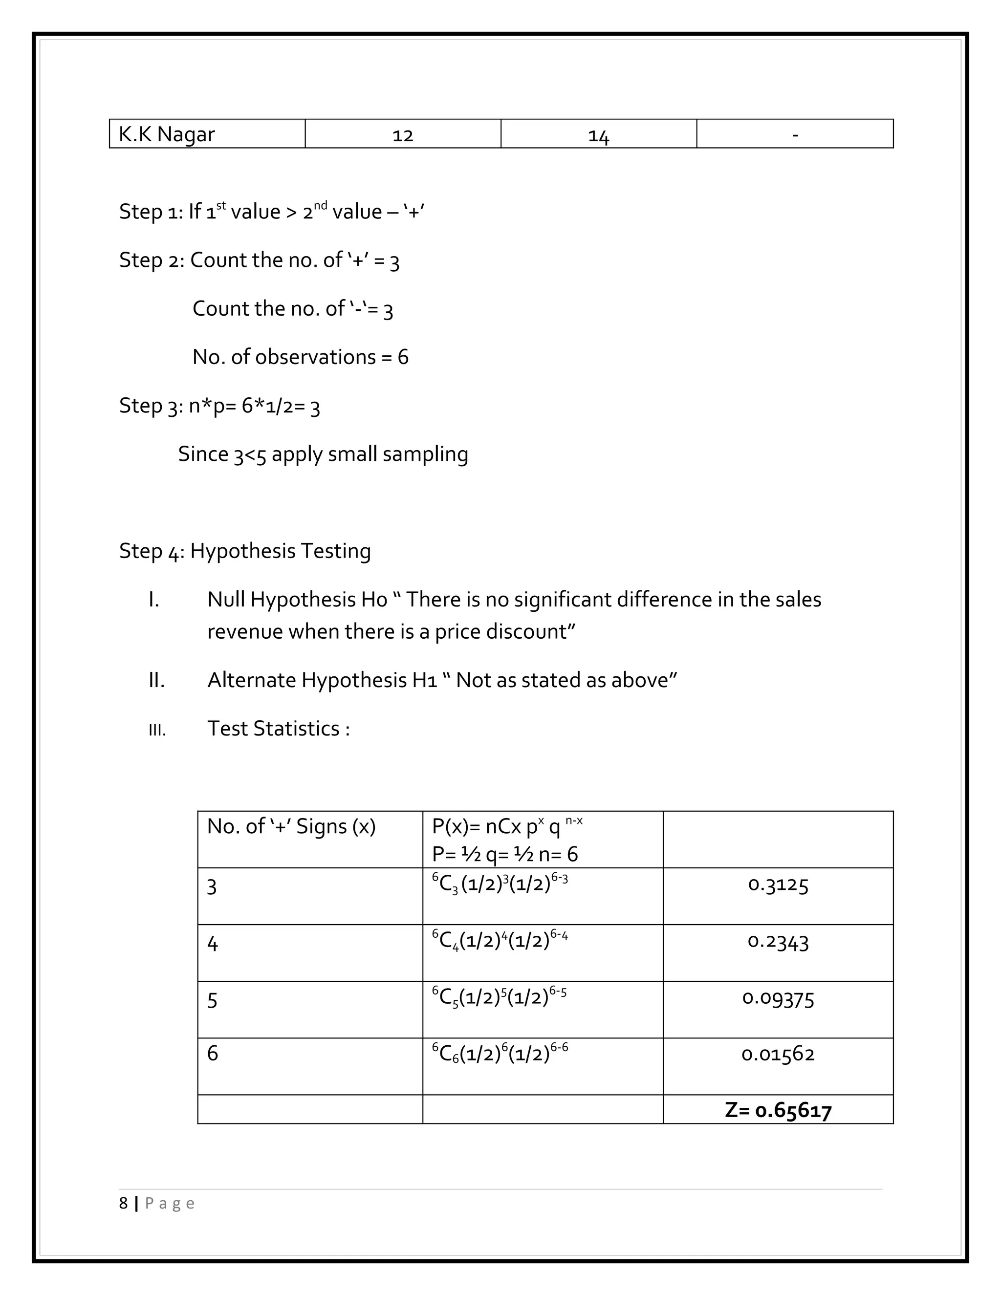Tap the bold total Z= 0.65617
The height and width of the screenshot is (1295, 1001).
[x=778, y=1110]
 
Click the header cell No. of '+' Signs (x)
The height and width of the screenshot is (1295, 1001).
[x=291, y=826]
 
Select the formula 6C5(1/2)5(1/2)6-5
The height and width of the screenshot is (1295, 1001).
[x=500, y=997]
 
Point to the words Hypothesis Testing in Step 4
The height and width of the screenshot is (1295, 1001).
[x=281, y=551]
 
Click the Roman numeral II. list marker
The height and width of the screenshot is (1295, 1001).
[x=156, y=680]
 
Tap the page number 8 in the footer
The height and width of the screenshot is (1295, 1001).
[x=123, y=1204]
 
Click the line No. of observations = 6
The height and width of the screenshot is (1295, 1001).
[x=301, y=357]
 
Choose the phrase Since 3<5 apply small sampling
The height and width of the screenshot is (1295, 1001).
[x=323, y=454]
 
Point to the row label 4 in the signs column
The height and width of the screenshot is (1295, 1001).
[x=212, y=943]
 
